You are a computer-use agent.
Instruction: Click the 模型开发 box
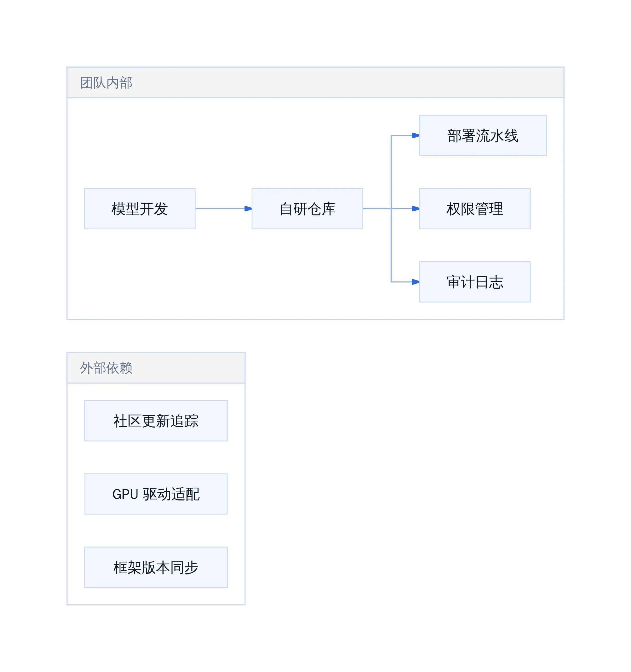(x=140, y=209)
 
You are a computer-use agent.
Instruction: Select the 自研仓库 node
(x=307, y=209)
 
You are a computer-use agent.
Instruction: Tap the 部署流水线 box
(x=483, y=135)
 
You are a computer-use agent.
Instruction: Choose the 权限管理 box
(x=475, y=209)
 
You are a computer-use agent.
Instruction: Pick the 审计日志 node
(x=475, y=282)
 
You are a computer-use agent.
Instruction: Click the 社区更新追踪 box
(x=156, y=420)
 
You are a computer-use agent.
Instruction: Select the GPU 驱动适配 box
(x=156, y=494)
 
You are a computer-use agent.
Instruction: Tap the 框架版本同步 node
(x=156, y=567)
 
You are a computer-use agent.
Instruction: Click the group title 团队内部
(x=106, y=82)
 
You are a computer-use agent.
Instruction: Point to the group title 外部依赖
(x=106, y=368)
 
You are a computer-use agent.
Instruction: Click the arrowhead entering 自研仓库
(x=248, y=209)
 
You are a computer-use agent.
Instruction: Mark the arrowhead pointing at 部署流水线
(x=416, y=135)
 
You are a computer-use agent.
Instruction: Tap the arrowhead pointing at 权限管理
(x=416, y=209)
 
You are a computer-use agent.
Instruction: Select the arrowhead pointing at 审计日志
(x=416, y=282)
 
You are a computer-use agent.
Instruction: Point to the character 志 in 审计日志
(x=496, y=282)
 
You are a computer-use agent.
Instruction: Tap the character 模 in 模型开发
(x=118, y=209)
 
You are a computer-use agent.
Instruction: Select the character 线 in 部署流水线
(x=511, y=136)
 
